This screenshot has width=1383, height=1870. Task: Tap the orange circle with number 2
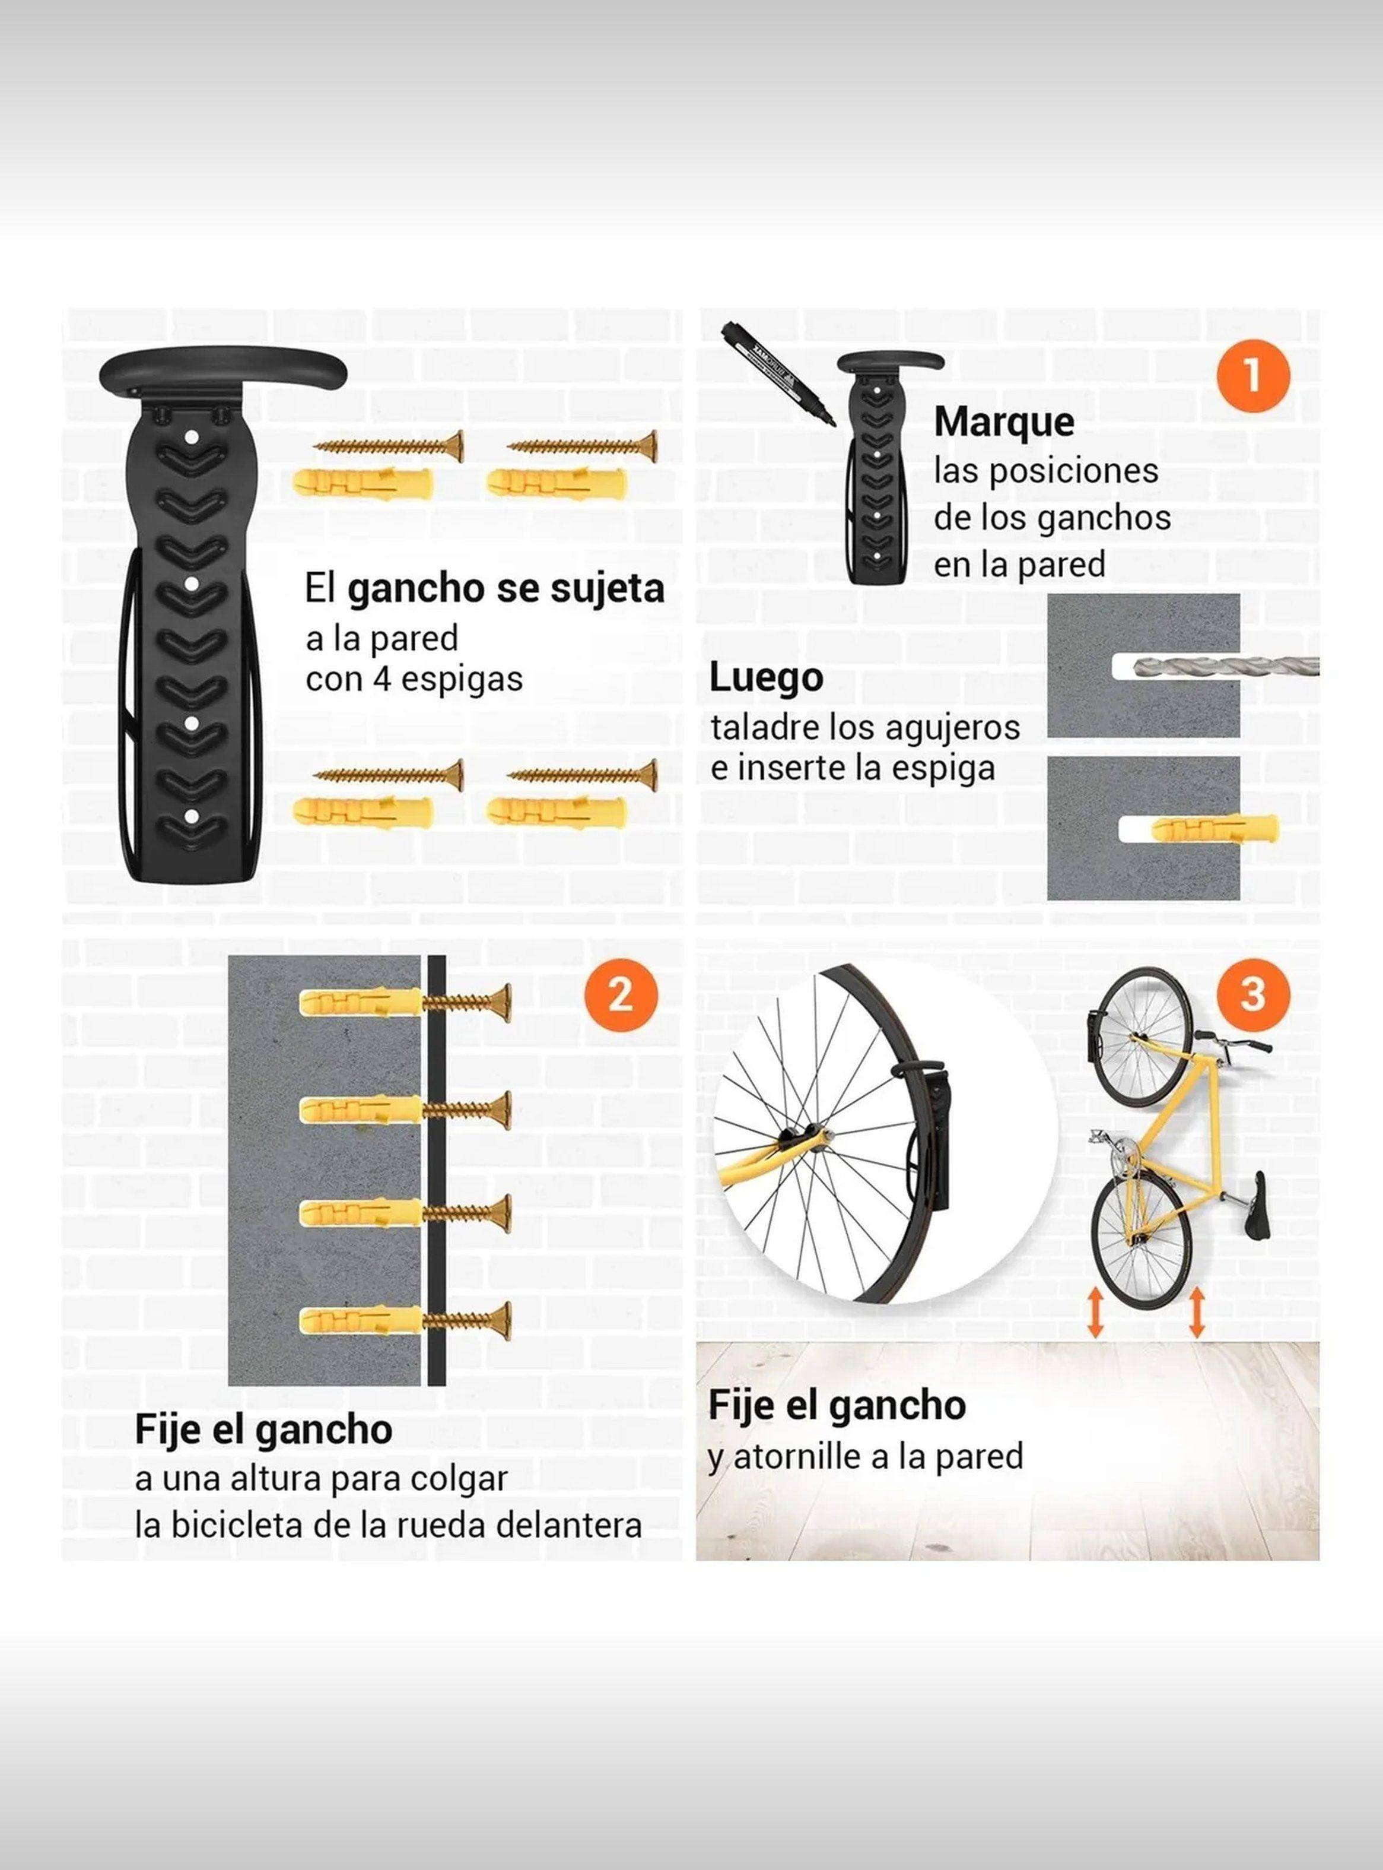(621, 997)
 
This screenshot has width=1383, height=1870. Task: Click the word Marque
(1004, 421)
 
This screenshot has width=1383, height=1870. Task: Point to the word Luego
(766, 677)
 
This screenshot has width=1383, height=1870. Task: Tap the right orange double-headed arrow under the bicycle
(1197, 1335)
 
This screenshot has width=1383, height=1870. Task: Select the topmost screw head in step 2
(505, 1001)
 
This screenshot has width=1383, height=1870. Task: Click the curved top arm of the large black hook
(222, 369)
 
